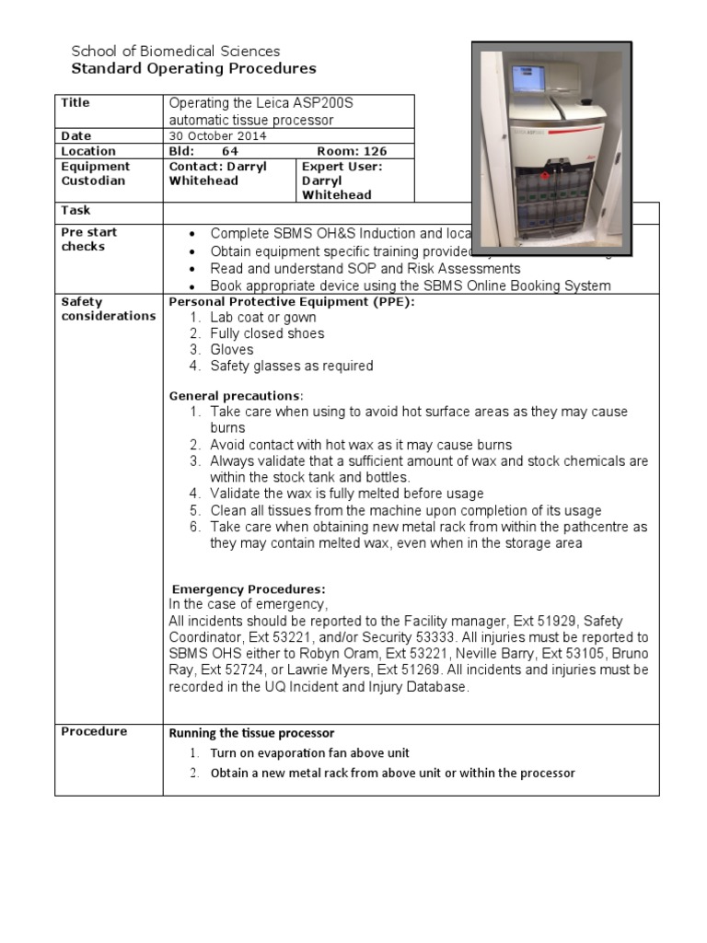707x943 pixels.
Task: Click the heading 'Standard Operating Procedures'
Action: (x=193, y=69)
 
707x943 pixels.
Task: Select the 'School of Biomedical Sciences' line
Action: (x=176, y=52)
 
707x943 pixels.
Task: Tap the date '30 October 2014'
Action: (x=216, y=135)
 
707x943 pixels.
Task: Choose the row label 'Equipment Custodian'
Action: (x=96, y=174)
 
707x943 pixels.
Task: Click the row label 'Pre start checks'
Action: (x=89, y=239)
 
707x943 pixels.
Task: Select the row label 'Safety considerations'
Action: (x=108, y=309)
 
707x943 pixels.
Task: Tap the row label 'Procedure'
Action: (x=94, y=732)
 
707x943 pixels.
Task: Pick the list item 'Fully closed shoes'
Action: (x=267, y=333)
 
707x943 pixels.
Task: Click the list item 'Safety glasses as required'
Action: (x=291, y=366)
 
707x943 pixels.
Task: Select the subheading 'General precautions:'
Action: (x=236, y=396)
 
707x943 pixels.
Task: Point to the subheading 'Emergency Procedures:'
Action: (x=249, y=589)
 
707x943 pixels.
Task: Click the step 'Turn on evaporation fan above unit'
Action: (x=309, y=753)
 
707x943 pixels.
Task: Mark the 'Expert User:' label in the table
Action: (x=342, y=167)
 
